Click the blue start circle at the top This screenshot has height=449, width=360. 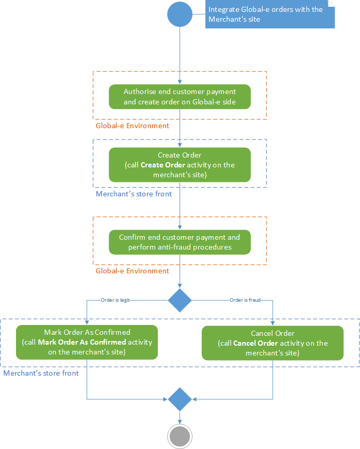tap(179, 14)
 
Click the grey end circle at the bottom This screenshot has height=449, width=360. tap(179, 436)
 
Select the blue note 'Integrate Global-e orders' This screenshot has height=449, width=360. tap(269, 14)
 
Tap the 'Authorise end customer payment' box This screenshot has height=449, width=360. tap(179, 97)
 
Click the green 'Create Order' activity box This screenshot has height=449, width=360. tap(179, 165)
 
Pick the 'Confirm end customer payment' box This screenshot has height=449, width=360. tap(179, 242)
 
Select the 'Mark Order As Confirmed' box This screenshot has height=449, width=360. tap(87, 342)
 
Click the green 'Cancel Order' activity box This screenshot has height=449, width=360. tap(272, 343)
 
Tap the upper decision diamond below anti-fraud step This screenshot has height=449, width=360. tap(179, 300)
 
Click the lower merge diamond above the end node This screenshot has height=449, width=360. tap(179, 399)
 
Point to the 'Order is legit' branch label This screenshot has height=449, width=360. tap(115, 300)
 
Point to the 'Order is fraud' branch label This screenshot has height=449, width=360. tap(245, 300)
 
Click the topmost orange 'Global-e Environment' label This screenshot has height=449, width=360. tap(132, 126)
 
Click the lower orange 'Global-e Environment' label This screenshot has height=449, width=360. tap(132, 271)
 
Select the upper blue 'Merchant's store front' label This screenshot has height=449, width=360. tap(133, 194)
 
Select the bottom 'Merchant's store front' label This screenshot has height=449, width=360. tap(41, 373)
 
